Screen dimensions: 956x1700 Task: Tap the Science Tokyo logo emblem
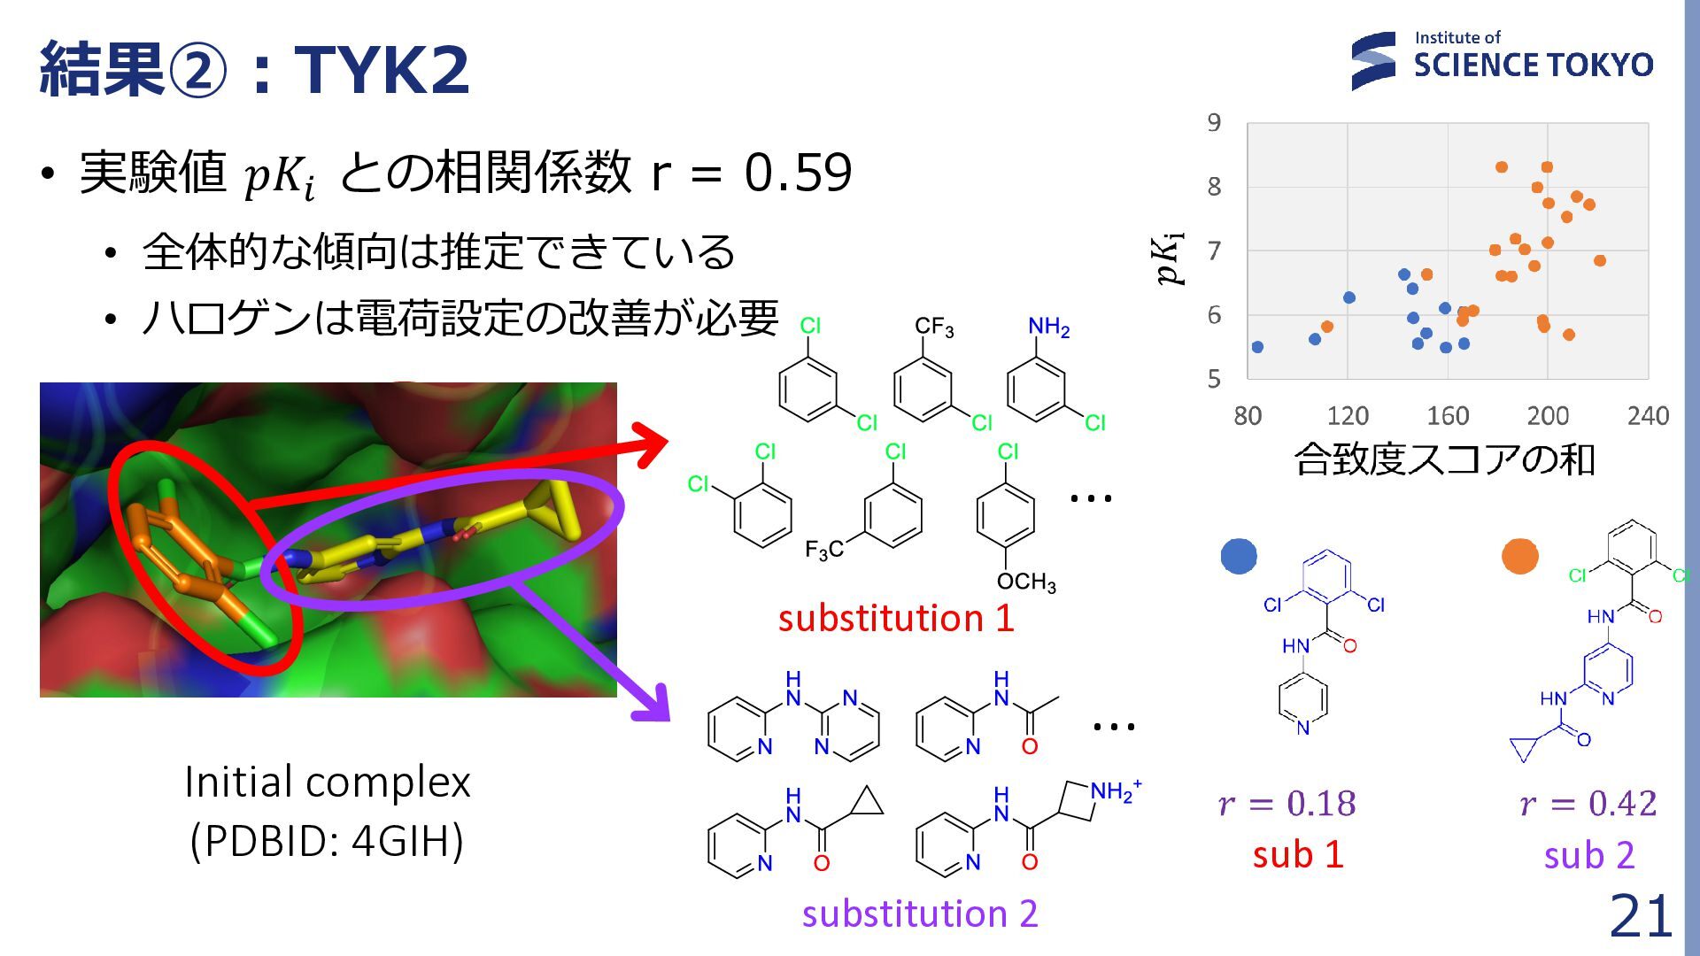[x=1373, y=61]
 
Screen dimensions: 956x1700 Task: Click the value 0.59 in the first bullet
[x=798, y=172]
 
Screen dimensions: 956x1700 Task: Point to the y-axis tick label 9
[x=1214, y=122]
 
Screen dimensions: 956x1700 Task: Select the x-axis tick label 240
[x=1648, y=415]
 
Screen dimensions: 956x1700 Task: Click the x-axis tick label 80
[x=1248, y=415]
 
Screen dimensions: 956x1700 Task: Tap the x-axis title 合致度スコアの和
[x=1444, y=459]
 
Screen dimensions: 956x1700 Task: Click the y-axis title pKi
[x=1169, y=258]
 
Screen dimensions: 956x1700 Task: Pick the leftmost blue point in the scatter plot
[x=1257, y=347]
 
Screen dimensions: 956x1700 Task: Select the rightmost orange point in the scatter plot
[x=1600, y=260]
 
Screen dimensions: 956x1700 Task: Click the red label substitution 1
[x=896, y=618]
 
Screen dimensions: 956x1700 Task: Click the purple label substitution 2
[x=920, y=914]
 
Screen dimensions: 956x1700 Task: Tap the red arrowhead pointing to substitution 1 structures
[x=653, y=443]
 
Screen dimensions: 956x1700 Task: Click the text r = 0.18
[x=1287, y=804]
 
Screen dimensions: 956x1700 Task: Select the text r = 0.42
[x=1588, y=804]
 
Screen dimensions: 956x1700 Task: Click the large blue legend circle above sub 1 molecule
[x=1239, y=556]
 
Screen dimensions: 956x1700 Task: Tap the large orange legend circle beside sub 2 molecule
[x=1520, y=556]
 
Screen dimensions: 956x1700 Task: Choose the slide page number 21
[x=1641, y=915]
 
